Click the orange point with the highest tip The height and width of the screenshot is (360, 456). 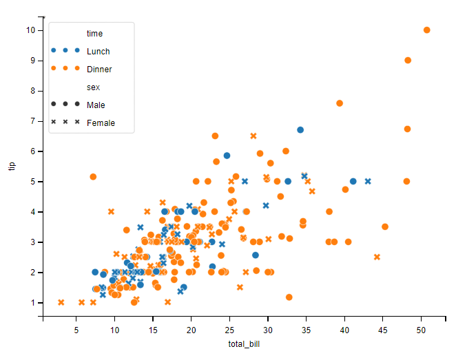[427, 30]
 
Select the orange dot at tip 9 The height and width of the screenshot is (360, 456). [408, 61]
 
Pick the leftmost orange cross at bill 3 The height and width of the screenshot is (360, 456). [61, 302]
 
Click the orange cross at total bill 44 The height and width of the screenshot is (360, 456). [377, 257]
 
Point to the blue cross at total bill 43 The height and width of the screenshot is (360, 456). [368, 182]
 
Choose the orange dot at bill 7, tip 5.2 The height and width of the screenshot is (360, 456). [93, 177]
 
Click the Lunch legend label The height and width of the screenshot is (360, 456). [98, 52]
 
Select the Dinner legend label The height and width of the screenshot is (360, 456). [99, 70]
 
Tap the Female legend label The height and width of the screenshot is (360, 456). [101, 123]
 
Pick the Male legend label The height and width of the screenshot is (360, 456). [96, 105]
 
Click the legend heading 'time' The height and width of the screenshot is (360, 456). [94, 34]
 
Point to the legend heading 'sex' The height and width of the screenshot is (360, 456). [93, 87]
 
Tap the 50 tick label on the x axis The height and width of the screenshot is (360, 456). [420, 330]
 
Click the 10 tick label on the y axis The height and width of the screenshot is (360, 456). [31, 30]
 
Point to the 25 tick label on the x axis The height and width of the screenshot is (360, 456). [231, 330]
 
